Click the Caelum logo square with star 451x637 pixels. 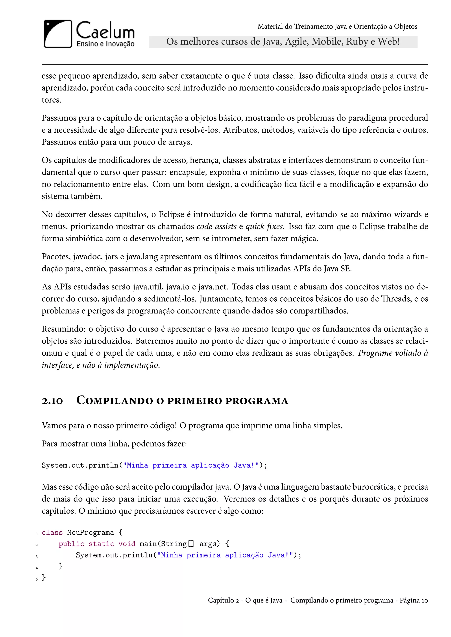click(x=58, y=34)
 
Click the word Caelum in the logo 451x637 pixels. click(x=105, y=31)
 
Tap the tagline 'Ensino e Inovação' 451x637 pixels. click(x=105, y=44)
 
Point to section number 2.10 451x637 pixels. click(x=52, y=401)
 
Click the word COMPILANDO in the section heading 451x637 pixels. click(x=115, y=401)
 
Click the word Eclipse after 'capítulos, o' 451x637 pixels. click(x=171, y=214)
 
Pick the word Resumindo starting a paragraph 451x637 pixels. click(x=64, y=329)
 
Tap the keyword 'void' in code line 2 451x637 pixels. click(x=127, y=544)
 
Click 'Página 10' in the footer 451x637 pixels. click(x=414, y=600)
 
